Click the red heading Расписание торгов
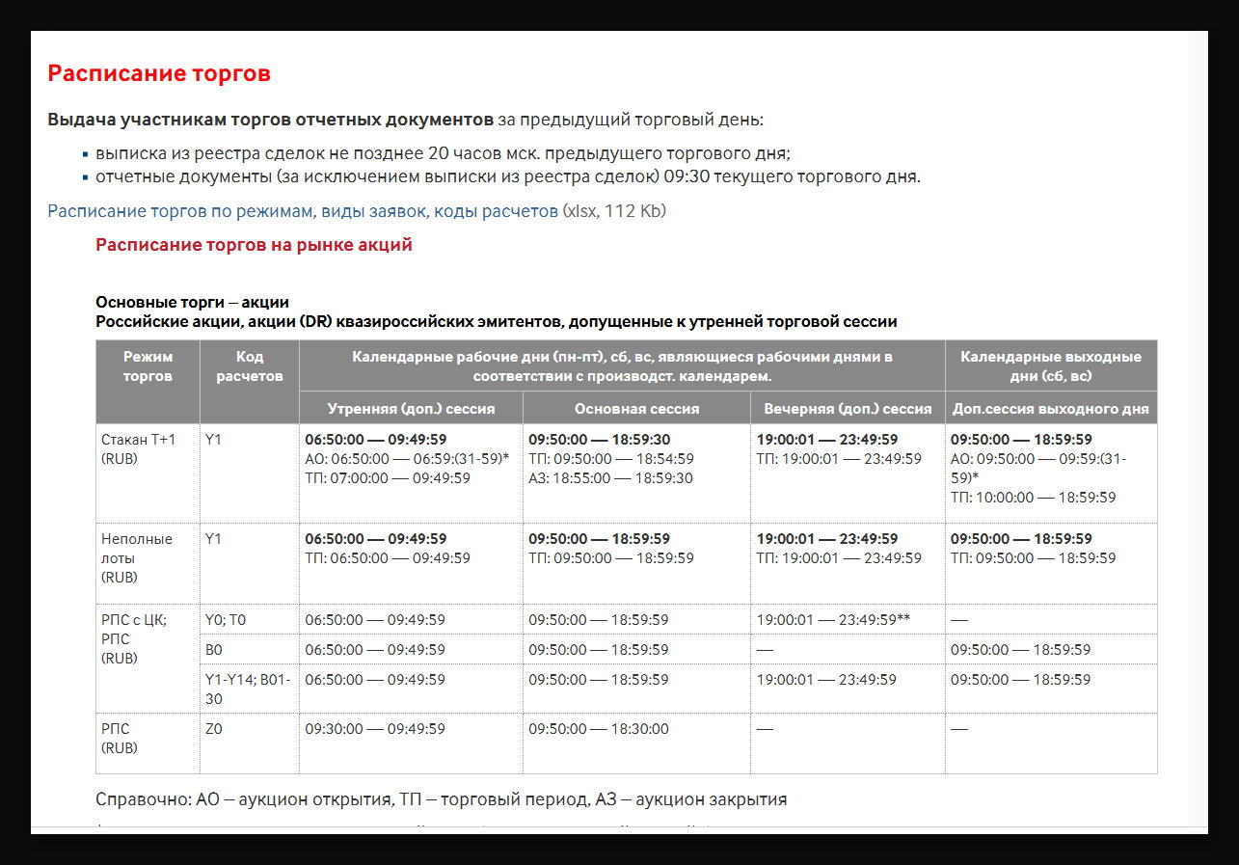point(159,73)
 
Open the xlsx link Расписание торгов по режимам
point(303,210)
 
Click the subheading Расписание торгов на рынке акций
point(254,245)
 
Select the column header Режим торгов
point(148,366)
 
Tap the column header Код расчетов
point(250,366)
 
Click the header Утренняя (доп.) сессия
point(411,408)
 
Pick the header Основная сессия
point(636,408)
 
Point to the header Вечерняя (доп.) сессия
point(848,408)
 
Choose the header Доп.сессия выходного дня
point(1050,408)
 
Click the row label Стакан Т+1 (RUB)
point(139,448)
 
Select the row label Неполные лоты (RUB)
point(137,557)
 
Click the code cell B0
point(214,650)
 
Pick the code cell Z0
point(213,729)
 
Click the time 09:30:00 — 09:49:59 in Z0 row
point(375,729)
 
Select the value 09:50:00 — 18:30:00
point(598,729)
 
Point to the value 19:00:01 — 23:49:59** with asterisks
point(833,619)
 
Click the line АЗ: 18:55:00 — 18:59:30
point(610,478)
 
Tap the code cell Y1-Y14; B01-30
point(248,689)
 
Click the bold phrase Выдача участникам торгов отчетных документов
point(270,121)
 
